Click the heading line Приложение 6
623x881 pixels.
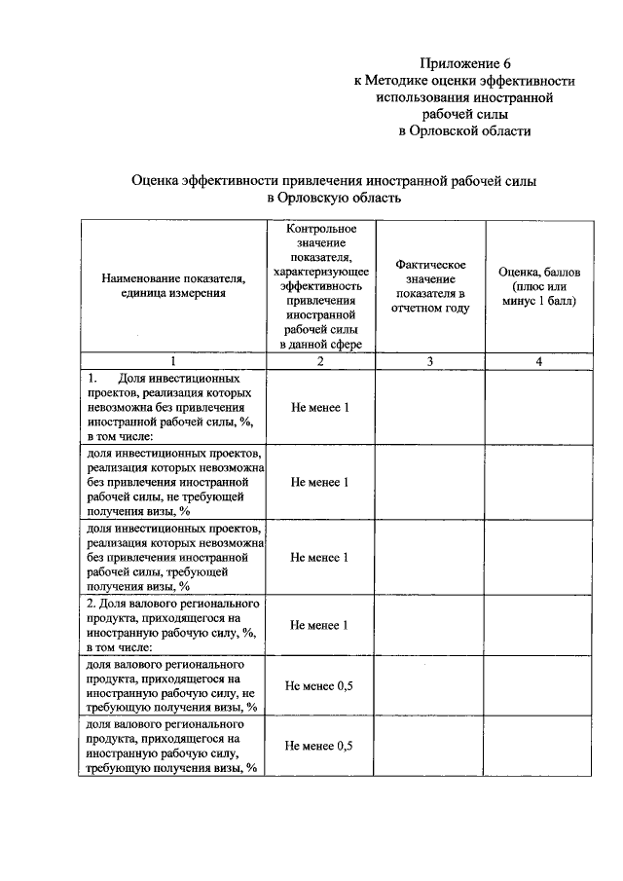pos(465,62)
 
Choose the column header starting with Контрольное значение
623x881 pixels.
pos(320,285)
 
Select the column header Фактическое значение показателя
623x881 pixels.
pos(429,286)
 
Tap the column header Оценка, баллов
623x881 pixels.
pos(537,286)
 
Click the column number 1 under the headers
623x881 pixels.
pos(173,361)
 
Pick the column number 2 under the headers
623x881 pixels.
pos(320,361)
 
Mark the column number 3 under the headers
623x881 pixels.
pos(429,361)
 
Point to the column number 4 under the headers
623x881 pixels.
pos(537,361)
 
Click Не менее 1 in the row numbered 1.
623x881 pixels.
pos(320,407)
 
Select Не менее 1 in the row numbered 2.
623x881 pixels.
pos(320,625)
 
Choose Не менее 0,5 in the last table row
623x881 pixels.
pos(320,747)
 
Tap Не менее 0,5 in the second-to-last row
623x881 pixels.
pos(320,686)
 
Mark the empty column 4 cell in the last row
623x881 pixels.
pos(537,747)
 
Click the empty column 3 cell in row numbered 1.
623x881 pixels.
pos(429,407)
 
